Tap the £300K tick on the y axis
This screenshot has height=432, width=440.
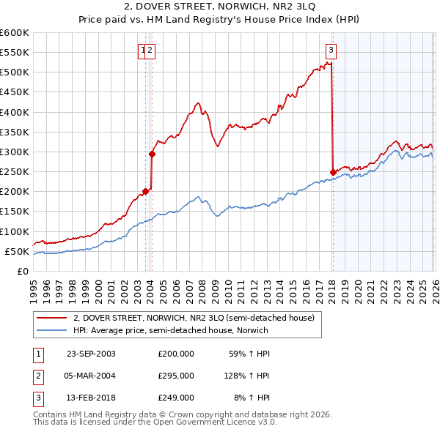(14, 152)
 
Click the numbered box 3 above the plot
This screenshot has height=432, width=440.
(331, 51)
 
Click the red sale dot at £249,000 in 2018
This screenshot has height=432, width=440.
(333, 172)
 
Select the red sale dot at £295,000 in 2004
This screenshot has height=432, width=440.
(152, 154)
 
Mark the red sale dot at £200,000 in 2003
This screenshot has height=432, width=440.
(146, 191)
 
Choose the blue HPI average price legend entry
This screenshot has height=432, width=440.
(170, 330)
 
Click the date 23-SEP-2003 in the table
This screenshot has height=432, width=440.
(91, 354)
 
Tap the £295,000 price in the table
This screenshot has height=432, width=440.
(175, 376)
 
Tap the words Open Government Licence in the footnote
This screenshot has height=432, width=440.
(220, 422)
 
